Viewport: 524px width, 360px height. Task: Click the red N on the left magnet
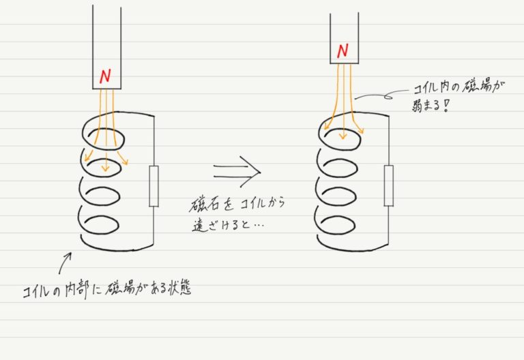pos(105,76)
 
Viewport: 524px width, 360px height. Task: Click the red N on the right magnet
pos(343,50)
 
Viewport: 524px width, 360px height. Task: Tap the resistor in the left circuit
pos(154,186)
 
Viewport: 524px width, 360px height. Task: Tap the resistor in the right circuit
pos(389,185)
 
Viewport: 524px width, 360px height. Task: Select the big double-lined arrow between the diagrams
pos(237,172)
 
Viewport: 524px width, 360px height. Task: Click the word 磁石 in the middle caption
pos(204,205)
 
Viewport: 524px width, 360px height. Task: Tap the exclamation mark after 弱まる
pos(446,106)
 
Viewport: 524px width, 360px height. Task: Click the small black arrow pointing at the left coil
pos(65,263)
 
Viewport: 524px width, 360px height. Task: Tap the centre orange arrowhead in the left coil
pos(106,167)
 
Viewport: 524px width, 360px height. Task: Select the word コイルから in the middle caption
pos(263,203)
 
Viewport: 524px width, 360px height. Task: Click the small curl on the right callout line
pos(388,97)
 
